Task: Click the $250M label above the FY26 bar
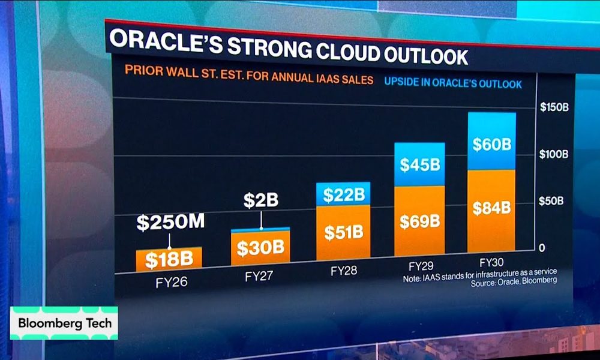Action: [x=170, y=222]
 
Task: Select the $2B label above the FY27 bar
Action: [x=260, y=200]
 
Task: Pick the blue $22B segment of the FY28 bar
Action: [x=344, y=194]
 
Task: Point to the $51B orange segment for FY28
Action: [x=344, y=231]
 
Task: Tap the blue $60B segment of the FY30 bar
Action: [x=491, y=145]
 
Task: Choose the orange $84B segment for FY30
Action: [x=491, y=208]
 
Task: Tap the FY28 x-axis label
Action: [x=344, y=271]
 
